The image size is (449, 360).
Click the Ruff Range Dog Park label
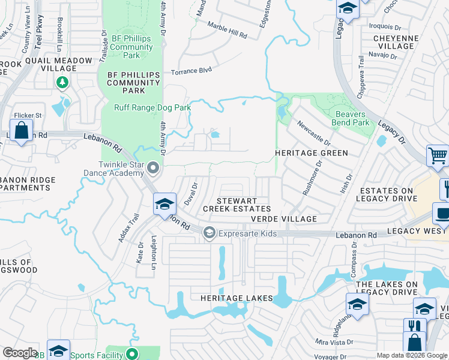click(152, 108)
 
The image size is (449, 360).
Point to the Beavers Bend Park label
click(352, 118)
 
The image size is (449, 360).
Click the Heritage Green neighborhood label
click(311, 153)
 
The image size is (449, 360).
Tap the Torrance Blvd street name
click(191, 71)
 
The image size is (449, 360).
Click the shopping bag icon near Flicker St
click(22, 130)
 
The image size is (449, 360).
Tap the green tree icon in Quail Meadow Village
click(61, 82)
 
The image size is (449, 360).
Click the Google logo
click(20, 353)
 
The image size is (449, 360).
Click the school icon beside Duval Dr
click(164, 203)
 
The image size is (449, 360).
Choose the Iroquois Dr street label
click(385, 27)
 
